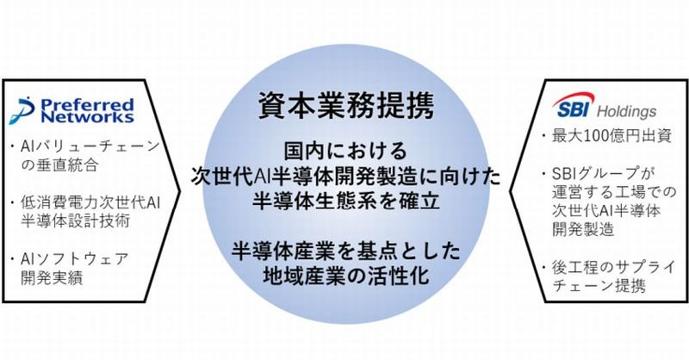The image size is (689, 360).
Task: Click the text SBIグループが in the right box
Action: point(600,172)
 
